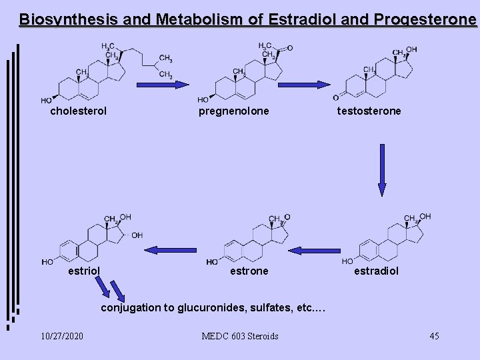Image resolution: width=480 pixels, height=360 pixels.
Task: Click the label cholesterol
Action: pos(78,111)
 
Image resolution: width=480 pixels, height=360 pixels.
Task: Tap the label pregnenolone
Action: pos(234,111)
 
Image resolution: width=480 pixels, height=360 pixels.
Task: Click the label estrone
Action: pos(249,271)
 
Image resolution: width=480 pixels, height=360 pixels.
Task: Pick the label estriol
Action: pos(85,271)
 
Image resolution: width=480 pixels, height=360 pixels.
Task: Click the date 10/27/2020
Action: pos(61,336)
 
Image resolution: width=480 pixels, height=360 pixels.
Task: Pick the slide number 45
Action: pos(434,336)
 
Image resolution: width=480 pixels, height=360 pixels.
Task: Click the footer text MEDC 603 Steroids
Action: pos(240,336)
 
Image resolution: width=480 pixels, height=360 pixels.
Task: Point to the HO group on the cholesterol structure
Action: pos(46,99)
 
